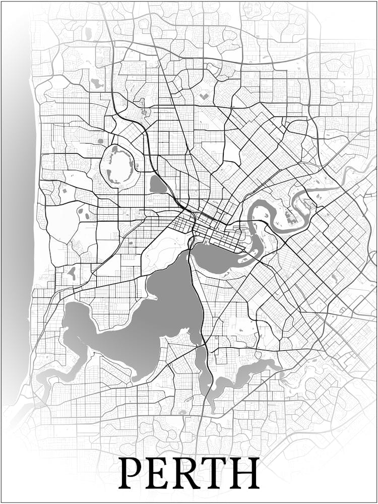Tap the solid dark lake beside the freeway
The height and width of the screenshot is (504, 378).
(x=158, y=185)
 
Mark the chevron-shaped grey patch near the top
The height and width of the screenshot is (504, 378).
(x=204, y=94)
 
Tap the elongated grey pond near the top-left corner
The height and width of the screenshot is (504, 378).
(x=89, y=34)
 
